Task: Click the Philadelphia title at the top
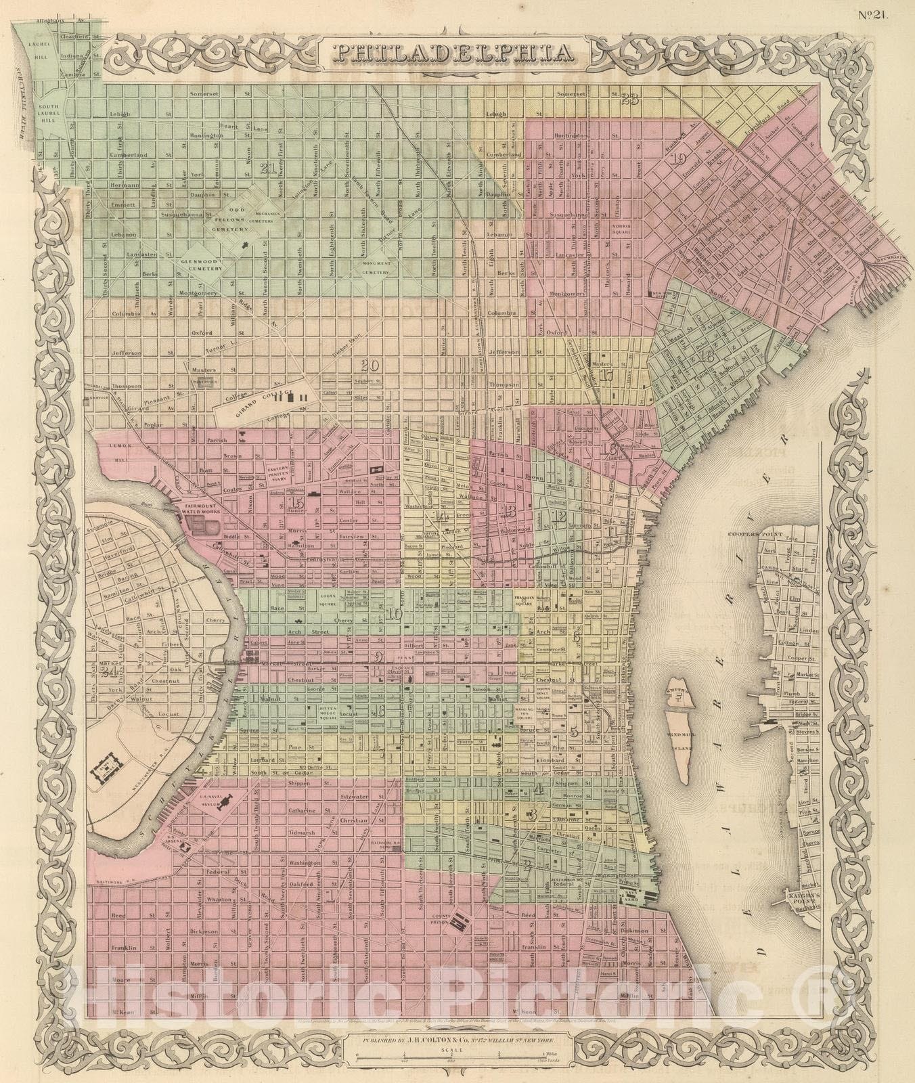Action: pyautogui.click(x=457, y=53)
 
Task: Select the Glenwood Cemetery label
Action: pyautogui.click(x=201, y=264)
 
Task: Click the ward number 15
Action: pyautogui.click(x=295, y=502)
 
